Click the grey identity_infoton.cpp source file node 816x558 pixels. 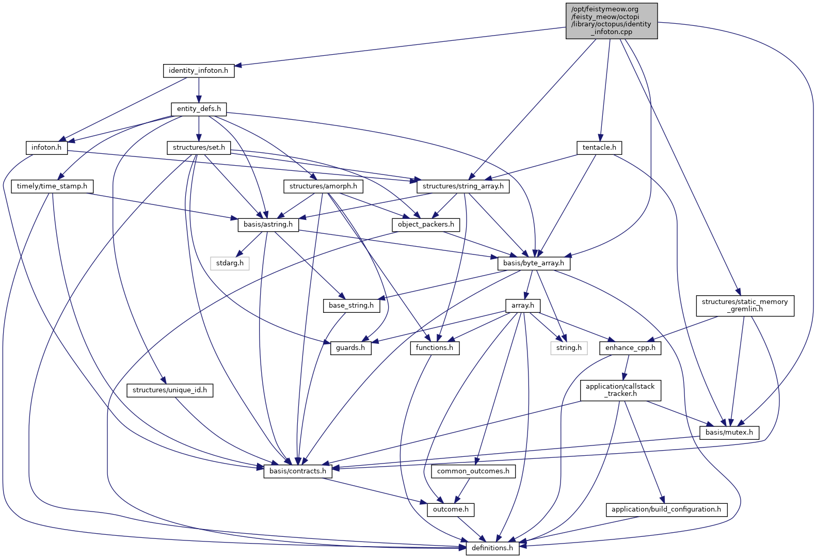pos(611,21)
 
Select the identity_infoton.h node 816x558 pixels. pos(198,71)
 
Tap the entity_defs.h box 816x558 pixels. pos(199,109)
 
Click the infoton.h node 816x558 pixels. pos(46,148)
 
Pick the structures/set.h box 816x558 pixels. pos(199,148)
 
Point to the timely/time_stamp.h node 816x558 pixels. pos(52,186)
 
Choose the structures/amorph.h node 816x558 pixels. pos(323,186)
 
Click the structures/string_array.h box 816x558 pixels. pos(463,186)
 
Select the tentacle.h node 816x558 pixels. pos(599,148)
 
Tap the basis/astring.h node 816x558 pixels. pos(268,225)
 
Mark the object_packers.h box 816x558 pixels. pos(426,225)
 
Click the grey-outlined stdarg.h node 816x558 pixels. pos(230,263)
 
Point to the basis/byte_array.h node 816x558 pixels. pos(534,263)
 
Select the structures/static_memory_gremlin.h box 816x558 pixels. pos(744,306)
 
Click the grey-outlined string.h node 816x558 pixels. pos(569,348)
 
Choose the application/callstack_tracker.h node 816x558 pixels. pos(620,390)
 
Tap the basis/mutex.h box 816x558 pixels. pos(729,433)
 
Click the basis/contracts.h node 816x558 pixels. pos(298,471)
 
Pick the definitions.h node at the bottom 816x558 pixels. pos(492,548)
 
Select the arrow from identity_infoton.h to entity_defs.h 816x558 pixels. pos(199,90)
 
